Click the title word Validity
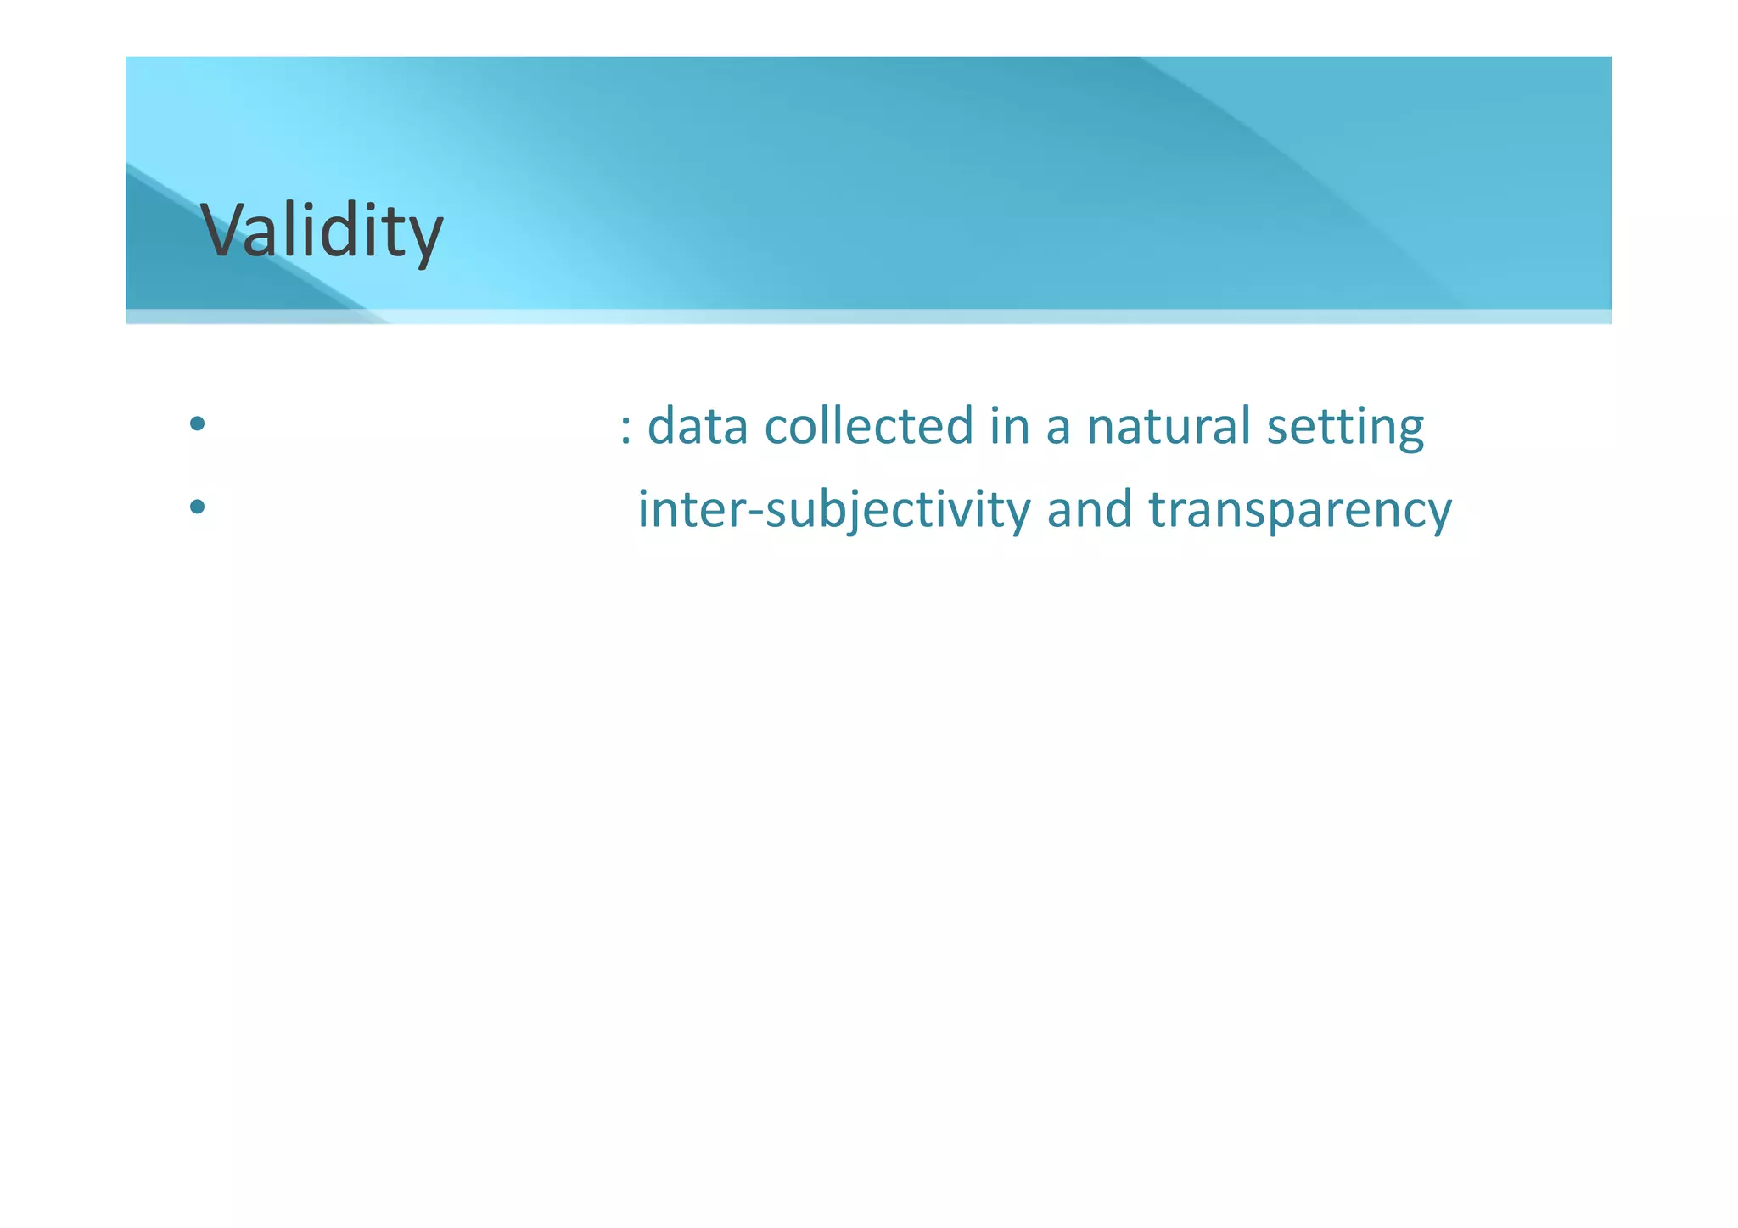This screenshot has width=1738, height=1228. click(x=322, y=231)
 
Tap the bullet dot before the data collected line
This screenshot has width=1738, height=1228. click(x=197, y=423)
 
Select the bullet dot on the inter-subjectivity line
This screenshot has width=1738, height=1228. click(x=197, y=507)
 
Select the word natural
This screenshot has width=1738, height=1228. click(x=1168, y=426)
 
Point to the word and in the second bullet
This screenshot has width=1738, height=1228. click(x=1090, y=510)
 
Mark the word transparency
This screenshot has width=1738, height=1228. click(x=1300, y=512)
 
